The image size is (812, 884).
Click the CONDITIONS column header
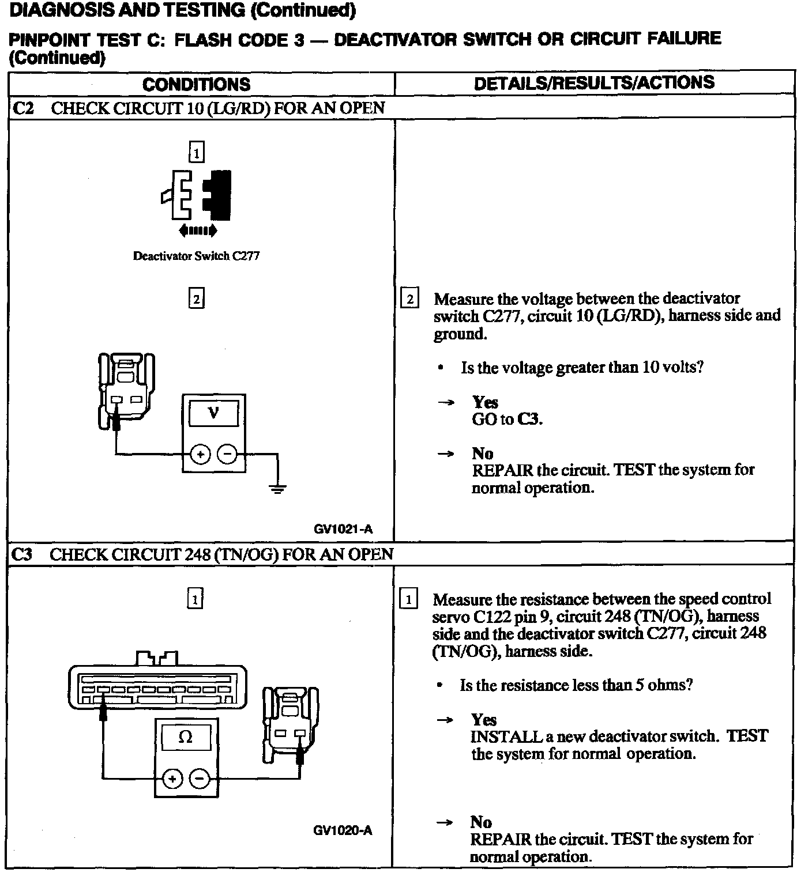coord(196,85)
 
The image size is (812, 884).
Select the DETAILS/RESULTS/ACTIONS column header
coord(593,83)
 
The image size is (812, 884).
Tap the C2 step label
coord(24,108)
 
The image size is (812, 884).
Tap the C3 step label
coord(22,554)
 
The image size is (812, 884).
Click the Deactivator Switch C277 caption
coord(196,256)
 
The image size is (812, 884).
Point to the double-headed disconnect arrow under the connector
coord(198,231)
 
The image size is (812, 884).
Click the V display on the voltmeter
coord(213,413)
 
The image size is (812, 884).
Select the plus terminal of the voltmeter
coord(200,455)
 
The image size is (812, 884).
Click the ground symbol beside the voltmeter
coord(278,489)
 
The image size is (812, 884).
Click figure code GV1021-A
coord(343,528)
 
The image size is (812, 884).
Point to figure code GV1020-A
coord(343,830)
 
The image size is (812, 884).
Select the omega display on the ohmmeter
coord(186,737)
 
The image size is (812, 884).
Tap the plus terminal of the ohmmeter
coord(172,779)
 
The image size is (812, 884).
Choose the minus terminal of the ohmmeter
coord(200,779)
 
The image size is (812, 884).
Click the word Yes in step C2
coord(485,402)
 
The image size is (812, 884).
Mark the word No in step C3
coord(480,822)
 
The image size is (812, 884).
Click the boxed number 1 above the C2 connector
coord(197,153)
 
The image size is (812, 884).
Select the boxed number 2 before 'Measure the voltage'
coord(409,299)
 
